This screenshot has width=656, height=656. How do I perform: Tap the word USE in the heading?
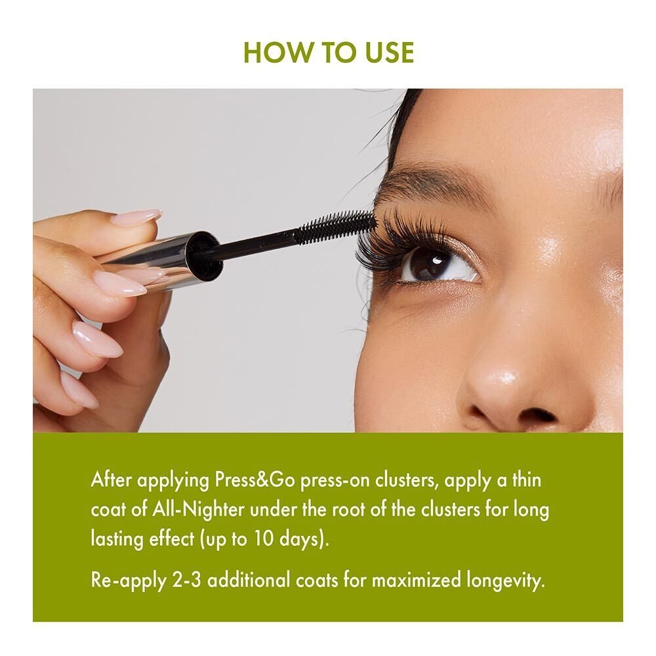[386, 52]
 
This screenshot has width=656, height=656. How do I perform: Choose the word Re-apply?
[125, 581]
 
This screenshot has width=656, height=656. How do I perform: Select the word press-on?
[335, 480]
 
